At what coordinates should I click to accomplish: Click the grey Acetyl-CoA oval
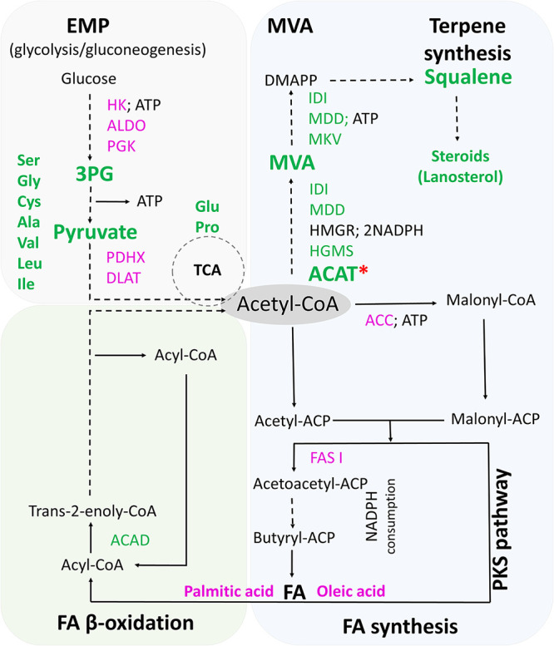pos(287,304)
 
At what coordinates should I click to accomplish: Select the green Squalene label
pos(468,77)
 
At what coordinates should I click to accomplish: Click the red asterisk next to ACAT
pos(364,271)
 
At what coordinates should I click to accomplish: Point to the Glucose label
pos(89,78)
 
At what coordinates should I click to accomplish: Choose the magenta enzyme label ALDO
pos(126,126)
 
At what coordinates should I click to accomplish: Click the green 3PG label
pos(94,174)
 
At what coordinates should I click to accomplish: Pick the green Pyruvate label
pos(95,232)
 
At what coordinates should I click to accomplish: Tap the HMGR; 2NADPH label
pos(367,230)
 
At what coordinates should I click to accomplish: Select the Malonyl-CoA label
pos(491,300)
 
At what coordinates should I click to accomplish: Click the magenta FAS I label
pos(326,458)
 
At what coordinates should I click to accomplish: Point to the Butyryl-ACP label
pos(294,538)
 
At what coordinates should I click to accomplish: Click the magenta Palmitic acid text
pos(229,591)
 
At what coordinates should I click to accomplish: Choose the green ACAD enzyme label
pos(130,540)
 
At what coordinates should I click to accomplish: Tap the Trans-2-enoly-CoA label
pos(92,511)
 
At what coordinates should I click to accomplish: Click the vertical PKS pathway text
pos(502,530)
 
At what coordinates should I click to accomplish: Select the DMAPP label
pos(291,81)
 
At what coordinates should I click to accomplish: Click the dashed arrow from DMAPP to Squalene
pos(372,81)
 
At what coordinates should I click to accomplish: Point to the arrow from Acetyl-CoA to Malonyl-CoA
pos(396,303)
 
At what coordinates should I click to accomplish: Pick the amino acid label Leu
pos(30,264)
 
